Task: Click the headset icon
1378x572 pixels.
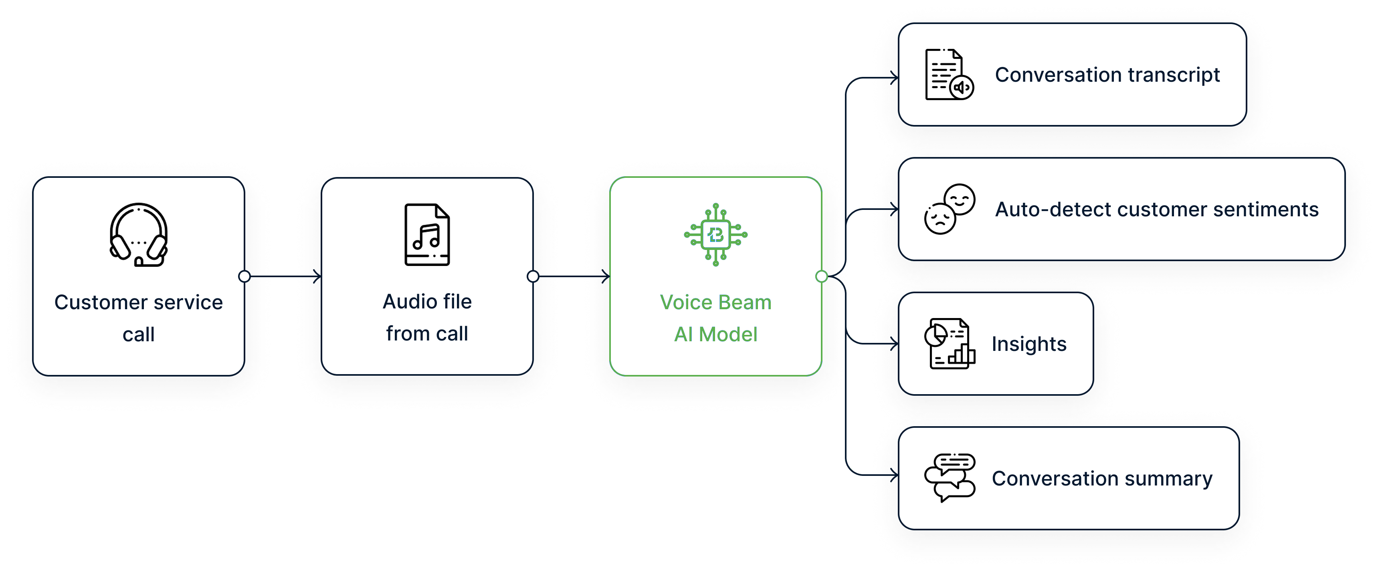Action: [139, 235]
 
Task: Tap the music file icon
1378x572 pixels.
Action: [427, 235]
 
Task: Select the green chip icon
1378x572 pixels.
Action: [716, 235]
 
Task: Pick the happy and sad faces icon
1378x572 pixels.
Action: [950, 209]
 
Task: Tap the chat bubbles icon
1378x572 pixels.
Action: [950, 478]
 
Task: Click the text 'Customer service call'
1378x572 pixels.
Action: [139, 318]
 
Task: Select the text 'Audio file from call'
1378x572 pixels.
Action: [427, 318]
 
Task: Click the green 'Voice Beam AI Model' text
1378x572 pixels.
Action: [716, 318]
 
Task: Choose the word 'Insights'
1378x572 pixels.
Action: [1028, 344]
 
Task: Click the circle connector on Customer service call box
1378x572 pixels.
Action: [244, 276]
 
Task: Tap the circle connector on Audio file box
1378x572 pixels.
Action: [533, 276]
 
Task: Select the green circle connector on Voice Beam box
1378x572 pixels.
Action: [822, 276]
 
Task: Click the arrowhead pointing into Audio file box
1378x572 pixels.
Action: [318, 276]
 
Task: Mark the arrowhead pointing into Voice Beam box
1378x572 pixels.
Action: [606, 276]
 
